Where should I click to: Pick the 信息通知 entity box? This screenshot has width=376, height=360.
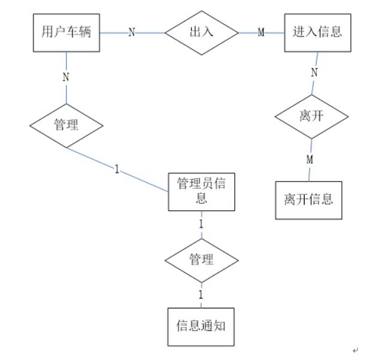201,326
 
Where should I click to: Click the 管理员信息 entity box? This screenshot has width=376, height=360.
201,192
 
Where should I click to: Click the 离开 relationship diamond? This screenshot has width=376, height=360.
311,117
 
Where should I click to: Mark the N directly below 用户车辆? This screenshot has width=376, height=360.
66,77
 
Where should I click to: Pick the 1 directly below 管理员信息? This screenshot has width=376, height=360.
201,223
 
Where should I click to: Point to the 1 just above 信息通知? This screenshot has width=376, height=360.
201,295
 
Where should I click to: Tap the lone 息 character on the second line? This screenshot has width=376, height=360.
201,199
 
